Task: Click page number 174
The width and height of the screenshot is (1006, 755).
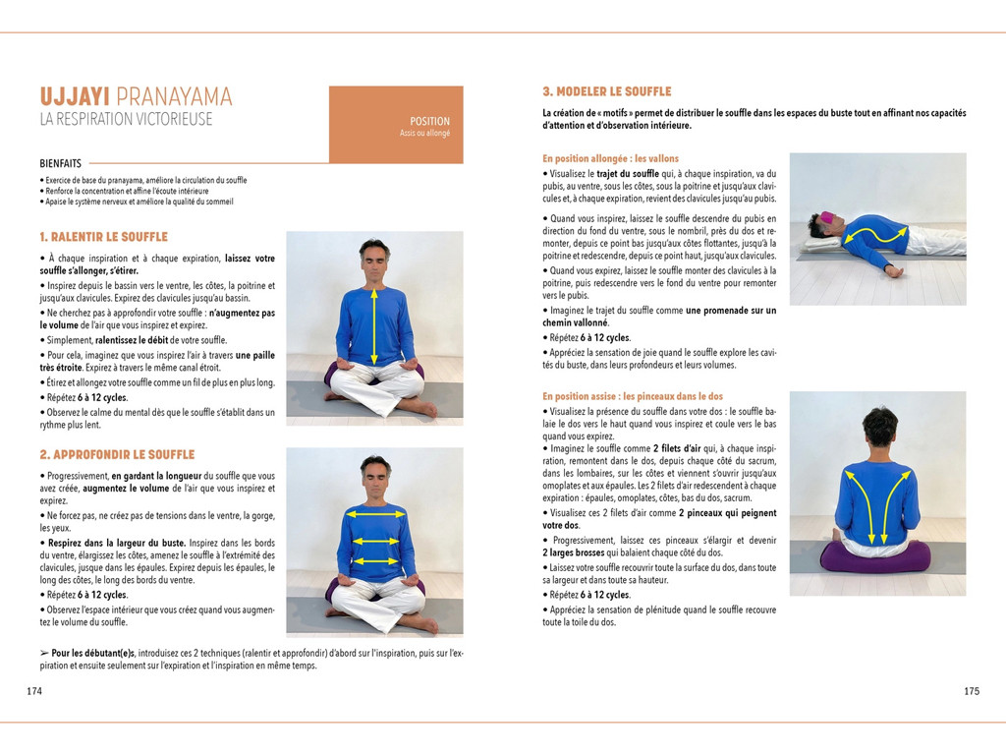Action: pyautogui.click(x=34, y=691)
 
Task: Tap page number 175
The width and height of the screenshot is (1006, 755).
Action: pyautogui.click(x=971, y=691)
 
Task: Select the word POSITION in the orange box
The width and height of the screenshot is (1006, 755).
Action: pyautogui.click(x=430, y=121)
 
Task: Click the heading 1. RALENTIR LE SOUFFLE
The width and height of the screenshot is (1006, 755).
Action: pyautogui.click(x=103, y=237)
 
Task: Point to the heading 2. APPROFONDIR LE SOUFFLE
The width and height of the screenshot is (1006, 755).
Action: pyautogui.click(x=117, y=455)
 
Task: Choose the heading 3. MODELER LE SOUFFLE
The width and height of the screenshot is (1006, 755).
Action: pyautogui.click(x=607, y=91)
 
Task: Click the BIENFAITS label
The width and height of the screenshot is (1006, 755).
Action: pyautogui.click(x=61, y=163)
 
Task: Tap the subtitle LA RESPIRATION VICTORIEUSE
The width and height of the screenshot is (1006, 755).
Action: pyautogui.click(x=126, y=120)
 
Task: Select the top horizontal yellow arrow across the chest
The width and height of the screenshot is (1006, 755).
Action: pyautogui.click(x=374, y=512)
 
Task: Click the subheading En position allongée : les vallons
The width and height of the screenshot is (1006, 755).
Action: pyautogui.click(x=610, y=158)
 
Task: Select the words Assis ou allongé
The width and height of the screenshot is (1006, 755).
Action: pyautogui.click(x=424, y=133)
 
